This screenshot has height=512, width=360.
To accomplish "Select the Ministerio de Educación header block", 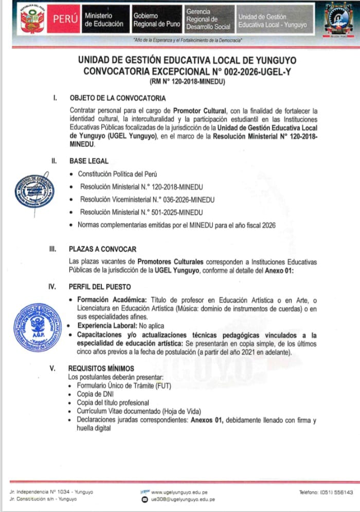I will tap(104, 20).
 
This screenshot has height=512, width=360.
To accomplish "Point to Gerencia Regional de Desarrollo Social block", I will tap(208, 19).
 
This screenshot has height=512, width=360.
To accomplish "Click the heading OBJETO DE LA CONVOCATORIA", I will tap(118, 98).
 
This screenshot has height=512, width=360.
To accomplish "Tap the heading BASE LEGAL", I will tap(89, 161).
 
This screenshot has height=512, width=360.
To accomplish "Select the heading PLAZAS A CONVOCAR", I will tap(103, 249).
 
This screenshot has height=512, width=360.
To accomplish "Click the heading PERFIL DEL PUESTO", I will tap(100, 286).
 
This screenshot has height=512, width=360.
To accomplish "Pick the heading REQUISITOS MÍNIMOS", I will tap(101, 368).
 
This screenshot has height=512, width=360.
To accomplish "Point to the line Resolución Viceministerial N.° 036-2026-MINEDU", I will tap(147, 199).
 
